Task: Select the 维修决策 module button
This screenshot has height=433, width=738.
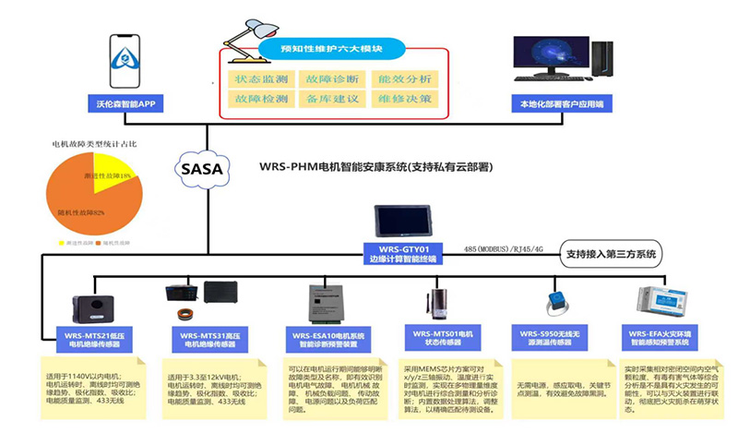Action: [x=407, y=99]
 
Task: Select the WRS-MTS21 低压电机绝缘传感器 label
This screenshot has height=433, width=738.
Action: [x=92, y=337]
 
